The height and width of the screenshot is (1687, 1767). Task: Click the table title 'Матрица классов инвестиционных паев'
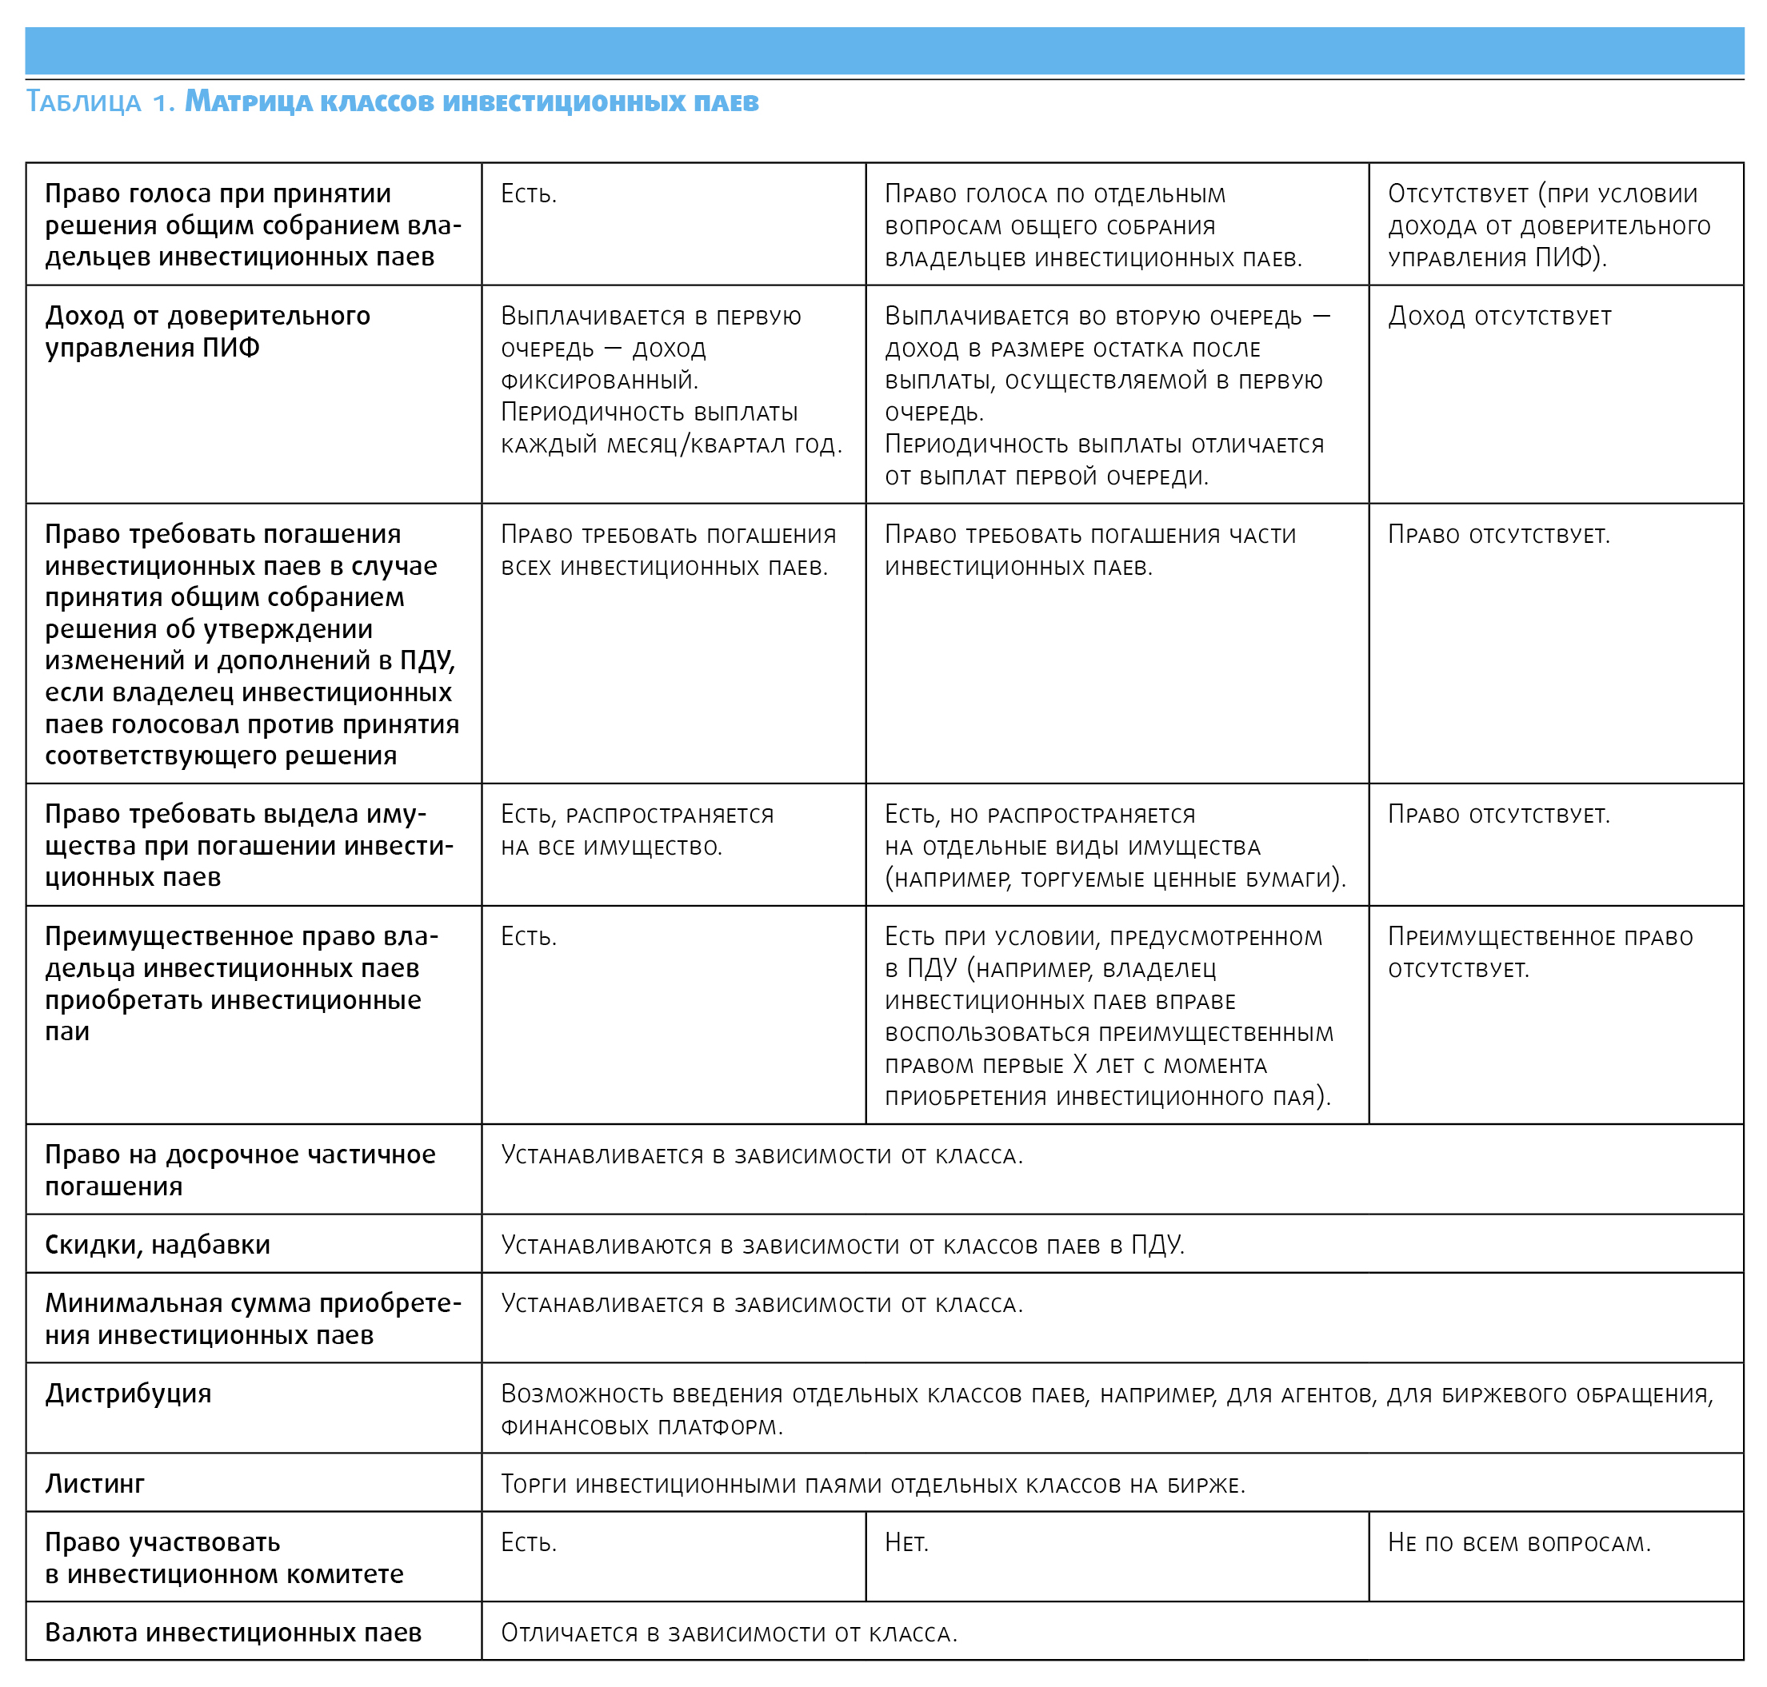[x=471, y=102]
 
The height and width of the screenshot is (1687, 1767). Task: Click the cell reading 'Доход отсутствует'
[x=1499, y=317]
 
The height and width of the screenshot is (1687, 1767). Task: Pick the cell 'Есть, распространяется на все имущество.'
[x=637, y=830]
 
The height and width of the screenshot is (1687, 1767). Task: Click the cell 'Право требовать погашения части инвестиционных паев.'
[x=1089, y=550]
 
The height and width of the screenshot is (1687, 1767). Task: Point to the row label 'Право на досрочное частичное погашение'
[x=240, y=1170]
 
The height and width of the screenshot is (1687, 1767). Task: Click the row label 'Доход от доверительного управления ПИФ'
[x=208, y=331]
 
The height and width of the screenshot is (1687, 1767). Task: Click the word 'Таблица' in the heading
[x=84, y=102]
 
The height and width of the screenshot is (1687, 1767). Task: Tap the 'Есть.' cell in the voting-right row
[x=529, y=194]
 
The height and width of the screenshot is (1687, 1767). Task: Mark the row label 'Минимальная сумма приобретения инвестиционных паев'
[x=253, y=1318]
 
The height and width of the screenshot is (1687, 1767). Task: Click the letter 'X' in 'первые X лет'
[x=1081, y=1066]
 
